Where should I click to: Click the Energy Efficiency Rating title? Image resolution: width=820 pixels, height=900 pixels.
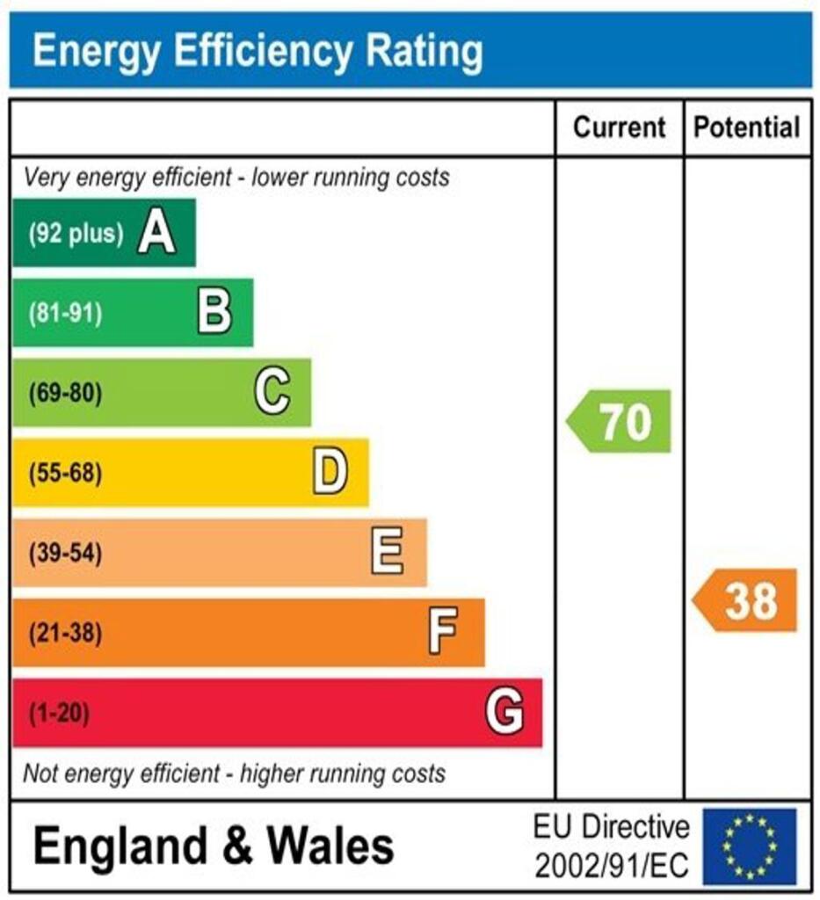coord(257,52)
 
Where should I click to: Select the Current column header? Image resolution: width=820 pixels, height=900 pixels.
coord(619,127)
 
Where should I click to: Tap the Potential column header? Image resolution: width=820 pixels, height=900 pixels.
coord(747,127)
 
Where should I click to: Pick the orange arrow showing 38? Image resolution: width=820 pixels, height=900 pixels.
coord(746,601)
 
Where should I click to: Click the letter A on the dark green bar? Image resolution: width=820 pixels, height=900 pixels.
coord(156,234)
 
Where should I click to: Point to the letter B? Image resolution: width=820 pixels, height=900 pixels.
coord(214,313)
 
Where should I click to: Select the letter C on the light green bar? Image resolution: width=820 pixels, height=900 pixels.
coord(272,393)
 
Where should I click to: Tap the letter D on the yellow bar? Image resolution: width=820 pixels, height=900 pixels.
coord(330,473)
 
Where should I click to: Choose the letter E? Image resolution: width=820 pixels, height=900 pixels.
coord(388,553)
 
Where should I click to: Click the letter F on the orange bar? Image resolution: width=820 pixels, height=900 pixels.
coord(444,633)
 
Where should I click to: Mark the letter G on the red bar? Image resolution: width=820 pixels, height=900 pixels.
coord(504,712)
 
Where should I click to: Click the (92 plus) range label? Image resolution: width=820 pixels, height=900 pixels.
coord(75,234)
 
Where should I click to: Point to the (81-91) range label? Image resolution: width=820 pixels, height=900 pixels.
coord(65,314)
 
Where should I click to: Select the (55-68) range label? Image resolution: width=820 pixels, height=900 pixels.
coord(65,474)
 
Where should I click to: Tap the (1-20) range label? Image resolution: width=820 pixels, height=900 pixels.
coord(60,713)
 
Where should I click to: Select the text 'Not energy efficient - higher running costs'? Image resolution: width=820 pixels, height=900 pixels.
coord(234,774)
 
